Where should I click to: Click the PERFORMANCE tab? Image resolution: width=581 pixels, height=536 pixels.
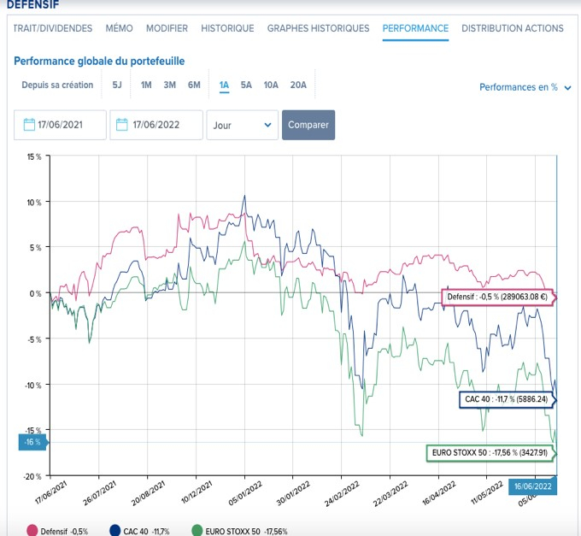coord(415,28)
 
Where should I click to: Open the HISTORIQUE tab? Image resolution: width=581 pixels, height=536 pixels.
coord(227,28)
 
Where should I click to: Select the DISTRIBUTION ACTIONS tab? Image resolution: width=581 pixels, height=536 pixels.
coord(512,28)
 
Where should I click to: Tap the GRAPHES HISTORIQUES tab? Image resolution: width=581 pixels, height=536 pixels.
coord(318,28)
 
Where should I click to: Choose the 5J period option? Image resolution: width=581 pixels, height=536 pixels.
coord(117,85)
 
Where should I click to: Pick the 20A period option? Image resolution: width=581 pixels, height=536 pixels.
coord(298,85)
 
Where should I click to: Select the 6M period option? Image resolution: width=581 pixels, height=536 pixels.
coord(194,85)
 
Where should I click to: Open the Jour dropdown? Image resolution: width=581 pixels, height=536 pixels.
coord(243,125)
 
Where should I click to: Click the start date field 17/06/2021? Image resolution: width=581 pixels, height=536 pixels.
coord(61,125)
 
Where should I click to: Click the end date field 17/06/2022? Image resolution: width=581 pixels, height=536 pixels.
coord(156,125)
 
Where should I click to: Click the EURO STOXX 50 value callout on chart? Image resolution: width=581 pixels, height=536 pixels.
coord(490,453)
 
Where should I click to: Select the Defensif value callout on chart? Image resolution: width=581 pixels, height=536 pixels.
coord(498,297)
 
